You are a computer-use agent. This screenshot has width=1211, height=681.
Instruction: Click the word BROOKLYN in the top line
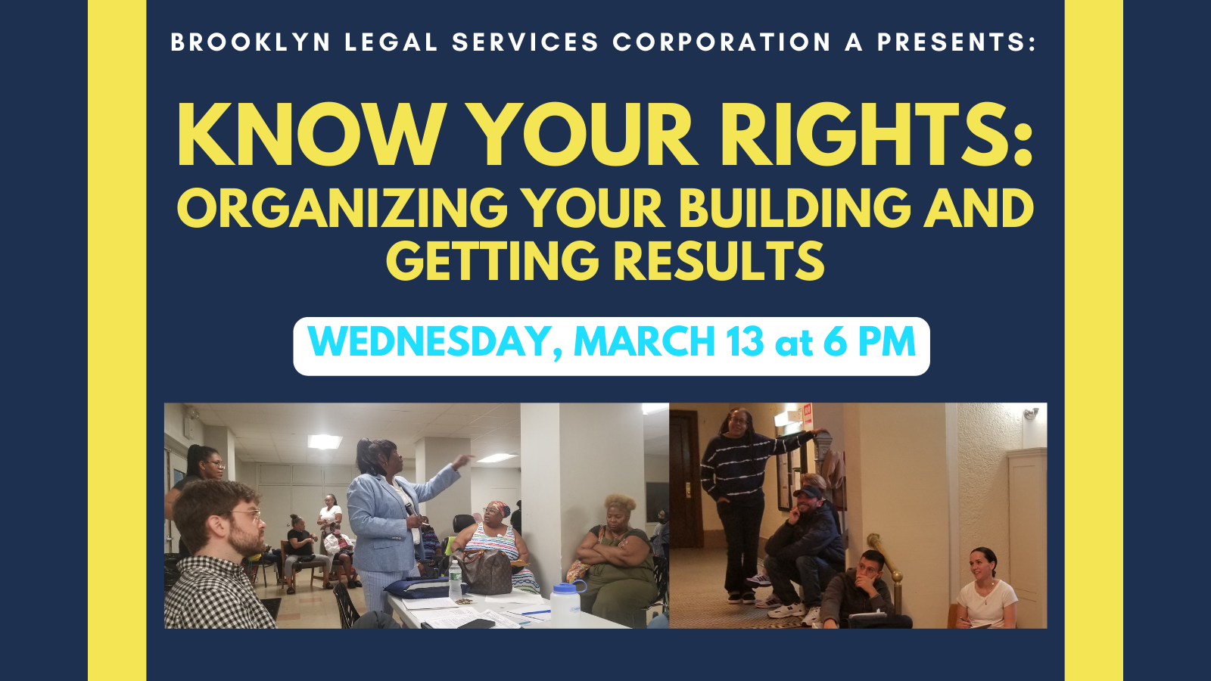click(251, 42)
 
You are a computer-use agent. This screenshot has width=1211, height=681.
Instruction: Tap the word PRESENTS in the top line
click(957, 42)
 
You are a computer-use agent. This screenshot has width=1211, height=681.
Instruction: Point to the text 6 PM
click(870, 341)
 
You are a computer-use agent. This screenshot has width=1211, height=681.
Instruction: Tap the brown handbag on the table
click(484, 571)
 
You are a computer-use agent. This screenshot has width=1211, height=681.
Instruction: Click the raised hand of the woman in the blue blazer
click(462, 461)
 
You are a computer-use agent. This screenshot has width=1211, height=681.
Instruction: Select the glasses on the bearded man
click(246, 514)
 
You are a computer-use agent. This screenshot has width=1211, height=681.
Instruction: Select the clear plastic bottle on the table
click(455, 581)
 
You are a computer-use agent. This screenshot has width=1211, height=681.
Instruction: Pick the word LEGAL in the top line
click(391, 42)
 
